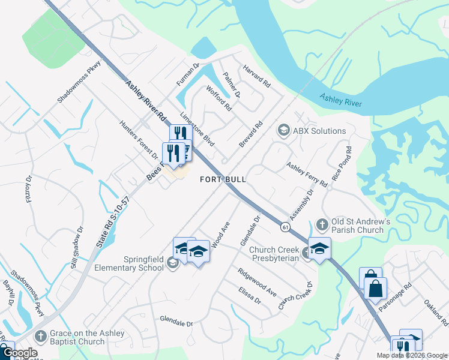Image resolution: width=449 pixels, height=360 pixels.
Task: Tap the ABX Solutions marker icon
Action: (283, 130)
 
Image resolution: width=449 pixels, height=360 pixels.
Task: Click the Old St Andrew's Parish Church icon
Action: (322, 224)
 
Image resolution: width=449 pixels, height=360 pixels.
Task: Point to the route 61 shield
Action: (285, 227)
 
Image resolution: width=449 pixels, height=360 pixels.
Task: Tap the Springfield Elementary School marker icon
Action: (173, 263)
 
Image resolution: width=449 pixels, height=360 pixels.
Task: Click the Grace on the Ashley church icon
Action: (40, 337)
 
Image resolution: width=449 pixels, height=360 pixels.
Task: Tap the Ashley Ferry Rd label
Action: (307, 174)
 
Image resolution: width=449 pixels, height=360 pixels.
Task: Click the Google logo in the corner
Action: (20, 353)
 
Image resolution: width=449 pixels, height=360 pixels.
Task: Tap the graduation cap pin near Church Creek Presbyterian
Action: (320, 248)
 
